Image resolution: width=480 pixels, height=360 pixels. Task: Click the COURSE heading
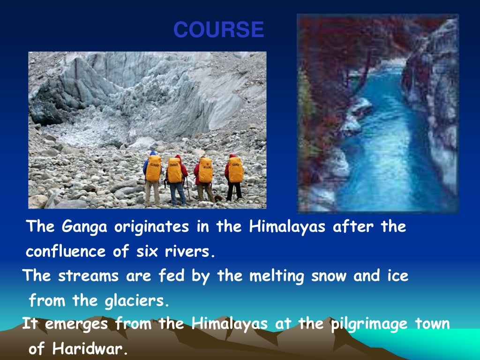218,30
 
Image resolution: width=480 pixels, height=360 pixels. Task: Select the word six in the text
146,252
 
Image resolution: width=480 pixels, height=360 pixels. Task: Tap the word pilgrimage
365,324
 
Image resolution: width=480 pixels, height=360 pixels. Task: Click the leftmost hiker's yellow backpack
153,169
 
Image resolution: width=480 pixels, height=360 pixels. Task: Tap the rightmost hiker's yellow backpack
236,170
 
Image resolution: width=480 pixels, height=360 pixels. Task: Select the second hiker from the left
176,178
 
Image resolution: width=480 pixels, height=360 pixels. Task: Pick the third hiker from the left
205,178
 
